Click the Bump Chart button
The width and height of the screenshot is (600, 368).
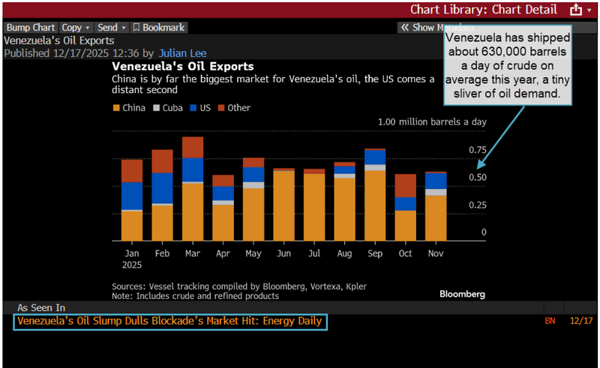click(31, 27)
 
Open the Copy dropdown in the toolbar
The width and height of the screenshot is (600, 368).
click(75, 27)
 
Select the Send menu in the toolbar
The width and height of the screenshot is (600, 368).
click(112, 27)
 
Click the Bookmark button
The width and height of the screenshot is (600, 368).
click(158, 27)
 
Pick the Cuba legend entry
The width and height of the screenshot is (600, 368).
click(169, 108)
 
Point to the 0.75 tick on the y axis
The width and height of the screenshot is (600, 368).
click(477, 150)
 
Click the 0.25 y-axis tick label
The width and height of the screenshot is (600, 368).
click(477, 205)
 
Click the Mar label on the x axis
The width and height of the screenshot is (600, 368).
click(193, 253)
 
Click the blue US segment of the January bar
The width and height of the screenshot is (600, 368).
click(132, 196)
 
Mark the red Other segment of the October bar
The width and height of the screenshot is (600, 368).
click(406, 185)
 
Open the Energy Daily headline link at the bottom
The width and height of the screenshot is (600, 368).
click(169, 322)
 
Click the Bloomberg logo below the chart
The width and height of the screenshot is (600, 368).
click(463, 294)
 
